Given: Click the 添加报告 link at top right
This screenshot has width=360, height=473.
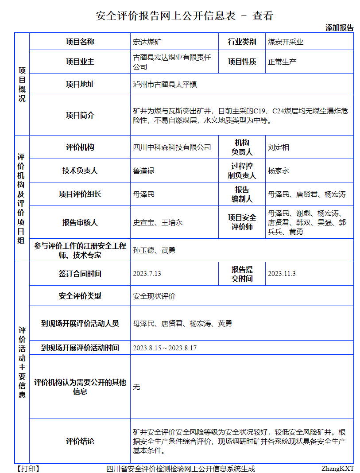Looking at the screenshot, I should [x=340, y=27].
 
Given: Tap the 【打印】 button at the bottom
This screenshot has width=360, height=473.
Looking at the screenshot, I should [x=27, y=468].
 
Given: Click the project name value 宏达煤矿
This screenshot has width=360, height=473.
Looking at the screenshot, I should [x=147, y=42].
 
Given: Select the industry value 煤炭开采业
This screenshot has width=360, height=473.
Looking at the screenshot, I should [x=286, y=42].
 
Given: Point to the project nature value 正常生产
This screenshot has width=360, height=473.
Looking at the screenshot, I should [x=282, y=62].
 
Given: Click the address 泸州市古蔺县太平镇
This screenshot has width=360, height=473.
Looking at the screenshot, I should [x=165, y=84].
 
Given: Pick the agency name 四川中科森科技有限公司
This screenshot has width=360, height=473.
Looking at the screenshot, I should [x=172, y=147].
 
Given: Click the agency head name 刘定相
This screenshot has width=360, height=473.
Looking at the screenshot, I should [x=279, y=147].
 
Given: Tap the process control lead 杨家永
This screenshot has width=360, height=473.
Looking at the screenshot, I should [x=279, y=171].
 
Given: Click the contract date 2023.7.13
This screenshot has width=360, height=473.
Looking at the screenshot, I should [x=147, y=274].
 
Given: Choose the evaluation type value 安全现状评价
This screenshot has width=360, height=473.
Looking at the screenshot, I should [x=154, y=296].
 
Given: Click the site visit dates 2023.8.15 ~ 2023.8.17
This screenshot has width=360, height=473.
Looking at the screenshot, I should [x=165, y=348].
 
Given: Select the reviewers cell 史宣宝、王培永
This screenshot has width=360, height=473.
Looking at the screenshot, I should [x=158, y=222].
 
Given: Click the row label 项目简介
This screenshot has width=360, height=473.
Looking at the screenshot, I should [x=80, y=115].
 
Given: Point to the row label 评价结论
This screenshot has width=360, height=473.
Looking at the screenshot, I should [x=80, y=441].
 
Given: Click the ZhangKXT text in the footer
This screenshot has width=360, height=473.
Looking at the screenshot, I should [x=337, y=468].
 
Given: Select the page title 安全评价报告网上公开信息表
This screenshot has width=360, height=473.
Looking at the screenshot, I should [x=167, y=16].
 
